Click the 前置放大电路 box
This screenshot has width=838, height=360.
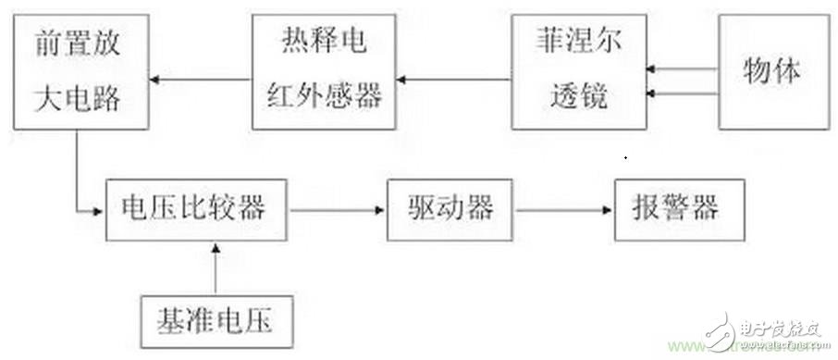point(77,75)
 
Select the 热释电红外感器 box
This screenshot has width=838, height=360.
point(324,74)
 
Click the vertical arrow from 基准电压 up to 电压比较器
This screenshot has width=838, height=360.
point(216,269)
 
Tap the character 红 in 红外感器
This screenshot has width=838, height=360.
point(281,94)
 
